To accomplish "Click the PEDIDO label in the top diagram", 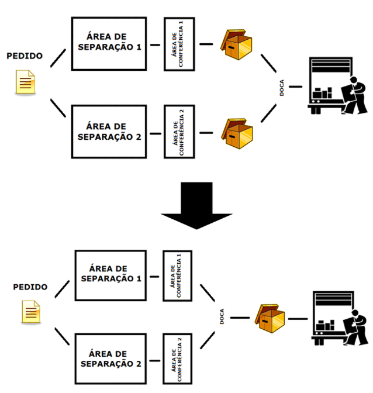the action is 25,56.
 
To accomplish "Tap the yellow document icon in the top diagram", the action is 25,82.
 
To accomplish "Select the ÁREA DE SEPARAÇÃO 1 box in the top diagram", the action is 109,44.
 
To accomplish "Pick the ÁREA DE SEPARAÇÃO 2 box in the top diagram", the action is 109,132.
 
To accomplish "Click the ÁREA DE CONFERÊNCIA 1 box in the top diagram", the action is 179,44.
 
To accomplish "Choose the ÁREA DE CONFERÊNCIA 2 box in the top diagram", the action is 179,132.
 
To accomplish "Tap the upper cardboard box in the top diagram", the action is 236,44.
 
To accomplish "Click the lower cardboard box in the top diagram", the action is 237,133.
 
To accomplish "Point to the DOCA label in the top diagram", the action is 282,88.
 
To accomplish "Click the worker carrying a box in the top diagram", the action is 354,95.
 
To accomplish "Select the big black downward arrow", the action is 196,205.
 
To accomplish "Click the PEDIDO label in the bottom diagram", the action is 30,287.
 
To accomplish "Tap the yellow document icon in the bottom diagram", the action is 31,312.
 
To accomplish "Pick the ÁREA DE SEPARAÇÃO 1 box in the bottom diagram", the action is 110,275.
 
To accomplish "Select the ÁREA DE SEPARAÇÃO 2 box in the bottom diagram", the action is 110,358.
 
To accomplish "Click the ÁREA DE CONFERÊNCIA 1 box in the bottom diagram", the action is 178,275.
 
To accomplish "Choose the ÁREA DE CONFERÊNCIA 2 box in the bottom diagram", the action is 178,359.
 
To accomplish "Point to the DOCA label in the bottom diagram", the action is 222,316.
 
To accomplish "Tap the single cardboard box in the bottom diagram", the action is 270,319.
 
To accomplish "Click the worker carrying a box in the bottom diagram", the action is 355,327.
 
